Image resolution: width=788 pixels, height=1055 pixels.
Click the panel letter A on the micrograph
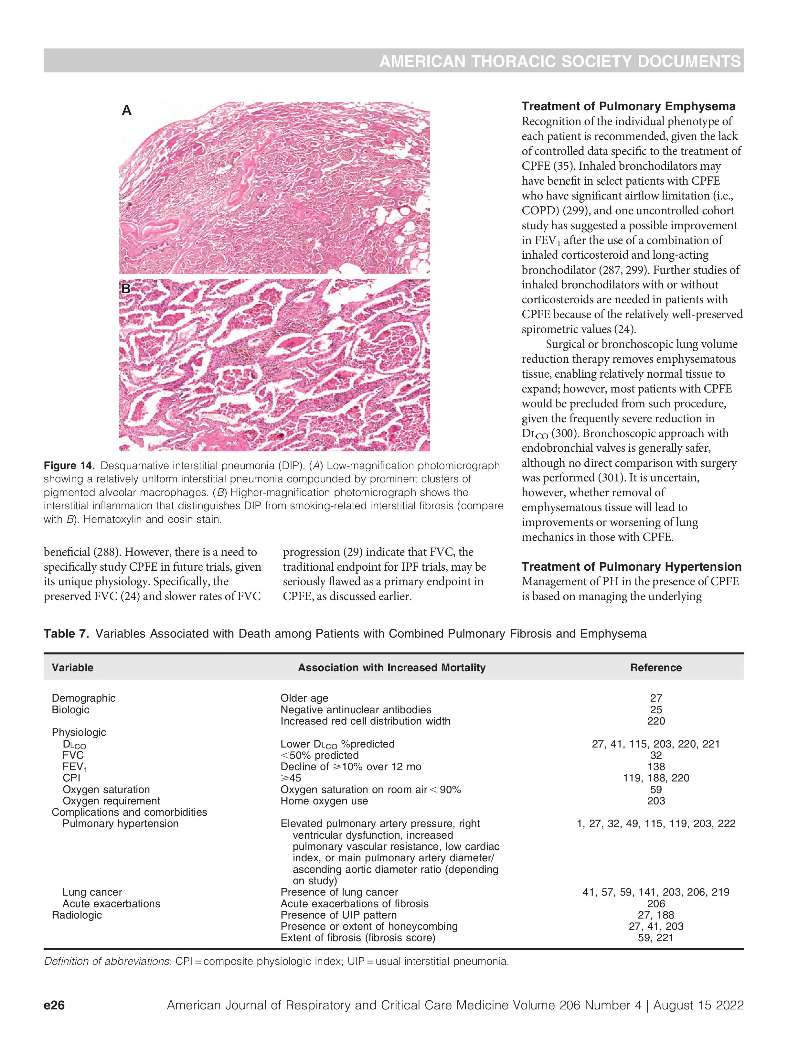126,111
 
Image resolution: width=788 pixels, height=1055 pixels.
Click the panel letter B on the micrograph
126,288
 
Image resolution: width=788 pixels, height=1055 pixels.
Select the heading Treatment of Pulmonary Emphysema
628,106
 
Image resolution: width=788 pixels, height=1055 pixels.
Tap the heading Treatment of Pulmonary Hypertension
631,566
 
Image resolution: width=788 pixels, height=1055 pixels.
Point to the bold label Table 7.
66,633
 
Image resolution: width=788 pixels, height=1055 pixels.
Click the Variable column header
72,668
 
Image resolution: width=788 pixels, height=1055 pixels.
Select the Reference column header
655,668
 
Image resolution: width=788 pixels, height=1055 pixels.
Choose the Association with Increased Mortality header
391,668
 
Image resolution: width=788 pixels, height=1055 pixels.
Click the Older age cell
304,698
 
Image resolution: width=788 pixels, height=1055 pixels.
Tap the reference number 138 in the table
656,767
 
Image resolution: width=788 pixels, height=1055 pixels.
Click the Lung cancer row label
92,892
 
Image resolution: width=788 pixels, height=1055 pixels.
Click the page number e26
54,1006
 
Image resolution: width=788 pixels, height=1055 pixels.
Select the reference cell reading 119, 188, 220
656,778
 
